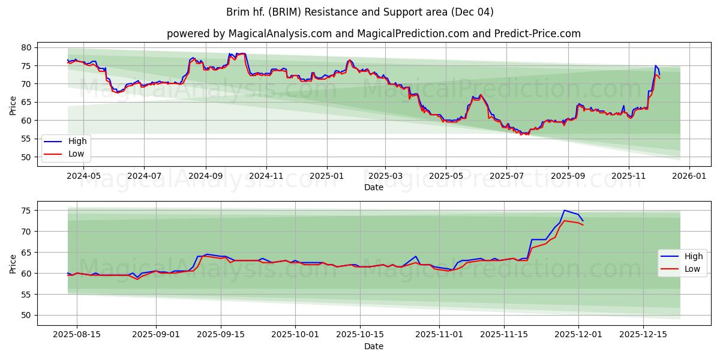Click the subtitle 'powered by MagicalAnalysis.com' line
[x=373, y=34]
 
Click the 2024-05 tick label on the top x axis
[x=83, y=176]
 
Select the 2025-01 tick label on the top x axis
[x=327, y=176]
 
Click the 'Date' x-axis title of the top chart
[x=373, y=187]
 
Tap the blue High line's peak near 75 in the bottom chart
[x=564, y=210]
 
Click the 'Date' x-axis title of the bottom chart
[x=373, y=346]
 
